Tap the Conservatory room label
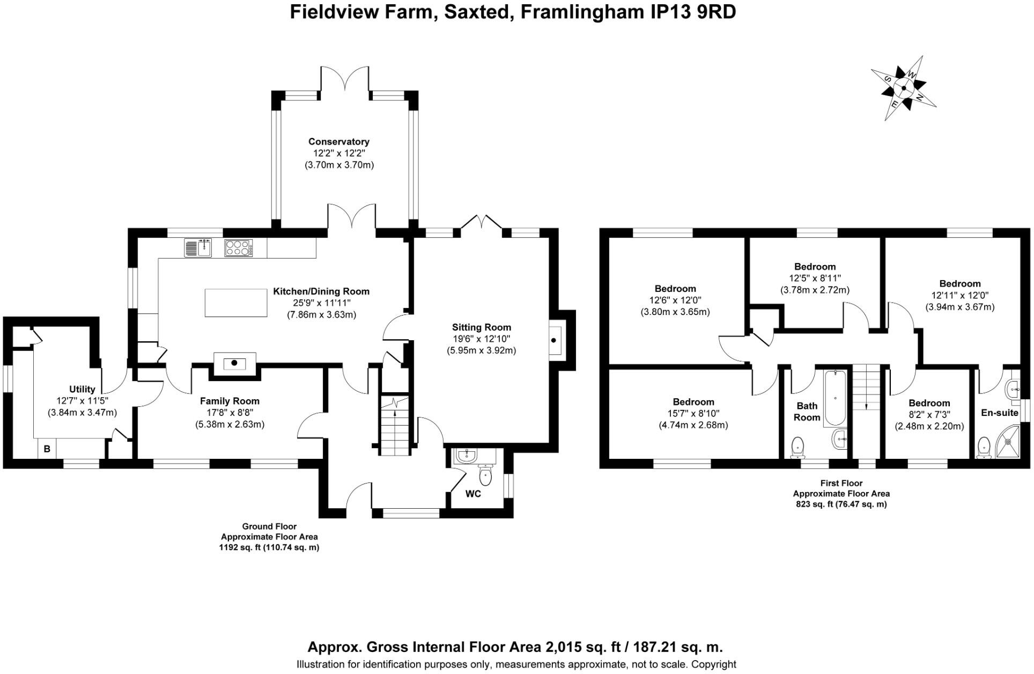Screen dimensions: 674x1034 click(x=338, y=142)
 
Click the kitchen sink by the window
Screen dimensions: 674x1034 click(x=197, y=248)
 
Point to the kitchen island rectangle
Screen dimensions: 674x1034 click(x=236, y=303)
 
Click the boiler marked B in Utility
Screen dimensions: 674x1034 click(x=47, y=449)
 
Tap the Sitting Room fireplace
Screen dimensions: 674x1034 click(x=555, y=340)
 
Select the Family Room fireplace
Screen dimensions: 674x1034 click(x=234, y=362)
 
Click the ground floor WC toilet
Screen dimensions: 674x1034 click(x=485, y=474)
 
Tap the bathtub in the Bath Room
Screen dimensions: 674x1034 click(x=834, y=397)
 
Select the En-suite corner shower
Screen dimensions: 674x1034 click(x=1008, y=442)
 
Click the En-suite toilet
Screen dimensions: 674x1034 click(x=984, y=448)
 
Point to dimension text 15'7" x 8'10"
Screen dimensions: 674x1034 click(x=693, y=414)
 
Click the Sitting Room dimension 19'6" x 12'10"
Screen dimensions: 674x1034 click(x=481, y=339)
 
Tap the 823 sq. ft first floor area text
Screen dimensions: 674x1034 click(x=841, y=504)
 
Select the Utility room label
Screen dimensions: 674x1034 click(x=82, y=389)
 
